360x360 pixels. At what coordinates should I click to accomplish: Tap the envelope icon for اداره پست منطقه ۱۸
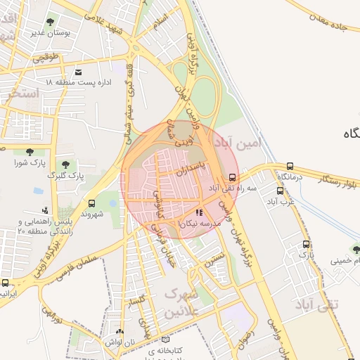[x=78, y=72]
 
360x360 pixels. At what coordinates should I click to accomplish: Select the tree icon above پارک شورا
[x=29, y=152]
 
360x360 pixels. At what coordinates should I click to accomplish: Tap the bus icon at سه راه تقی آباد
[x=233, y=177]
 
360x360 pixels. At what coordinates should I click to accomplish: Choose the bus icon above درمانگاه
[x=290, y=167]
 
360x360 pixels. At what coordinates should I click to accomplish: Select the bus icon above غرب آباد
[x=280, y=191]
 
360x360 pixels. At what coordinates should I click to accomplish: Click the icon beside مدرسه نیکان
[x=199, y=212]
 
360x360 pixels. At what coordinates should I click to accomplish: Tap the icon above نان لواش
[x=119, y=331]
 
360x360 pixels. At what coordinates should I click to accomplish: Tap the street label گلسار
[x=138, y=300]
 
